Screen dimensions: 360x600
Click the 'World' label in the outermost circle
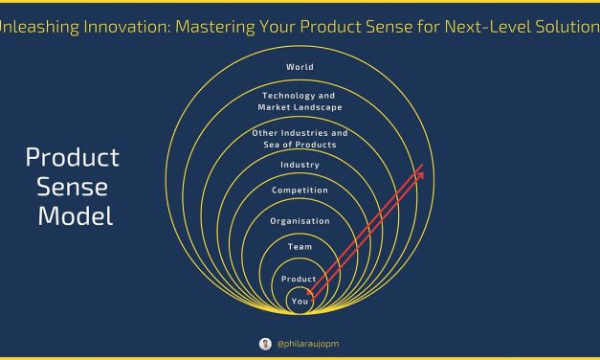[x=300, y=67]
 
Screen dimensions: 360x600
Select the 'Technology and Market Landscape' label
[x=300, y=101]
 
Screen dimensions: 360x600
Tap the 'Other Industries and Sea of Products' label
[x=300, y=138]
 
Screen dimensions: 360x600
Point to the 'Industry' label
[x=300, y=166]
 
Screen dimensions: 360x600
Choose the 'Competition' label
[x=300, y=191]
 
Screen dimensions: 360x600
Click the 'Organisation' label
[x=300, y=221]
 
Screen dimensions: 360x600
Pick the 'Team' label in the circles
[x=300, y=247]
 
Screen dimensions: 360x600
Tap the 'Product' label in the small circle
[x=300, y=279]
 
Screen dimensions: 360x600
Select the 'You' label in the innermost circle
[x=300, y=300]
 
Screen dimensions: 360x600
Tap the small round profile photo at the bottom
[x=265, y=343]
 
